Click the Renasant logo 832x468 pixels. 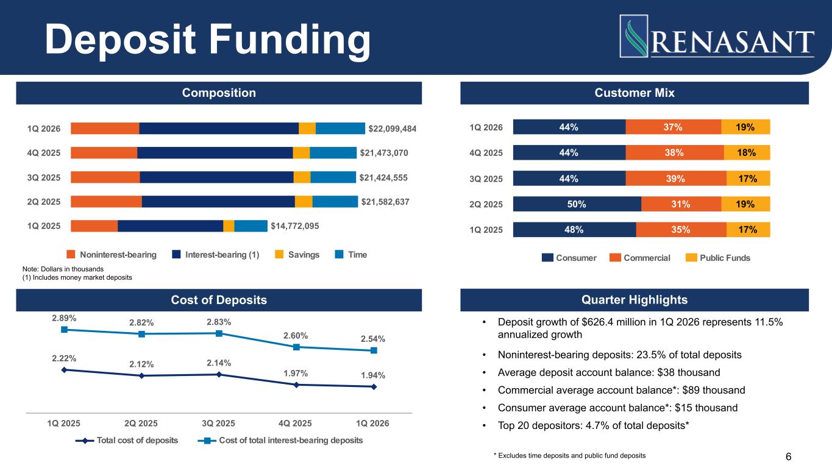coord(717,36)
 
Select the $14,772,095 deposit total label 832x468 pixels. coord(295,226)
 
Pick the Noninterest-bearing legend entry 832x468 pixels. coord(112,255)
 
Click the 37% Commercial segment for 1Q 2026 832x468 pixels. coord(673,127)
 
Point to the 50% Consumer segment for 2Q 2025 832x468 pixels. coord(577,204)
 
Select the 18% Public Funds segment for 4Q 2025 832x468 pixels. coord(747,152)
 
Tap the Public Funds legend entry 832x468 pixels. coord(717,258)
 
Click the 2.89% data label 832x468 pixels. coord(63,317)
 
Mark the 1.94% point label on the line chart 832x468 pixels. coord(374,375)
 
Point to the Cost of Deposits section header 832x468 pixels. coord(218,300)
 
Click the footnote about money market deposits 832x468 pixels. coord(77,278)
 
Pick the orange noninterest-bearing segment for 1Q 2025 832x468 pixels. coord(94,226)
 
